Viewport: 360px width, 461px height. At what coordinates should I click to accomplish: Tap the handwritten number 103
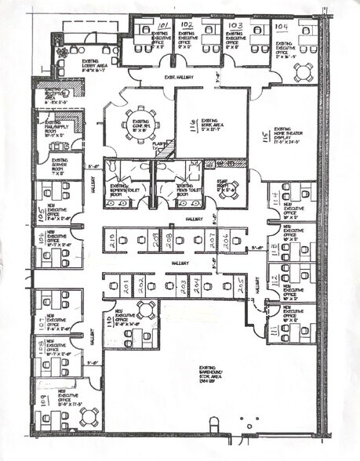[237, 25]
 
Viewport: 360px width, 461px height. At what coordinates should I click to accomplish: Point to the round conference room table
[142, 124]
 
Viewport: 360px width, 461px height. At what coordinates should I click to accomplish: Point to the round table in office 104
[303, 72]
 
